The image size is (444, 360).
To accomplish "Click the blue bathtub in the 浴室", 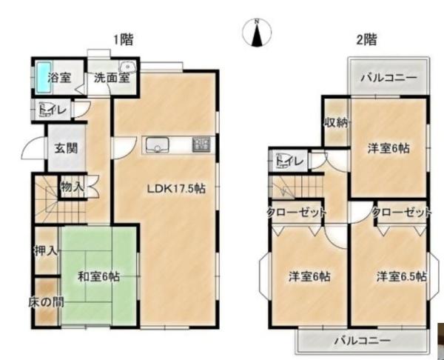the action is (44, 77).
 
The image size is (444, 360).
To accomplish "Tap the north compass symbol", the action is (257, 32).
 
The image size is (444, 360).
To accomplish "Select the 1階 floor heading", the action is (123, 40).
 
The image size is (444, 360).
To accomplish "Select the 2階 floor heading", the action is (366, 39).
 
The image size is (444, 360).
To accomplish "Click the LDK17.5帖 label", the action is (176, 188).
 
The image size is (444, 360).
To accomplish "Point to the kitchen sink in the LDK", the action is (157, 145).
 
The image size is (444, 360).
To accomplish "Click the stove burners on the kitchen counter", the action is (201, 144).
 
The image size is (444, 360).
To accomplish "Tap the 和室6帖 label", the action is (98, 276).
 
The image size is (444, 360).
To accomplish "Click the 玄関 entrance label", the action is (66, 148).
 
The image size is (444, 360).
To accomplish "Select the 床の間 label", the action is (46, 302).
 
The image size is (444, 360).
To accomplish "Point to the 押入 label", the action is (46, 251).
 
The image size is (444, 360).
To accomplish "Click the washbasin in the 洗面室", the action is (128, 67).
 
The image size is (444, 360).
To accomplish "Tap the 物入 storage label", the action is (73, 187).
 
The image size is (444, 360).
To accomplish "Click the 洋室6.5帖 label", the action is (402, 276).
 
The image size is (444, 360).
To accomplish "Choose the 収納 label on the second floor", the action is (336, 122).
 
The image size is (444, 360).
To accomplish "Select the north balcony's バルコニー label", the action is (388, 77).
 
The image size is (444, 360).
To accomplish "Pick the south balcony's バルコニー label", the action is (363, 340).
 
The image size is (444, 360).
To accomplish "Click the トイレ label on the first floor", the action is (53, 110).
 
